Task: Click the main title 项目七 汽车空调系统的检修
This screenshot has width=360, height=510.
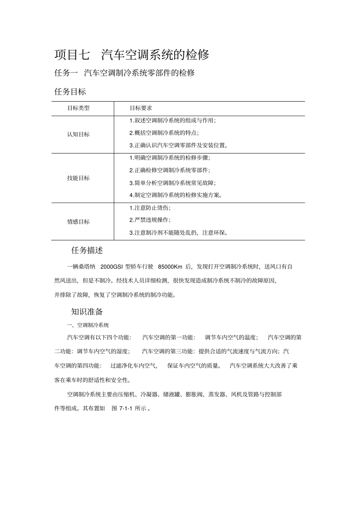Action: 131,55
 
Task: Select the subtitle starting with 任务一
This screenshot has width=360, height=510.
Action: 124,73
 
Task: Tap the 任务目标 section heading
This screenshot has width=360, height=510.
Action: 70,91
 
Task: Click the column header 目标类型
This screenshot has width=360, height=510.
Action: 78,108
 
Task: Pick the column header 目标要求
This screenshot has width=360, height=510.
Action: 141,108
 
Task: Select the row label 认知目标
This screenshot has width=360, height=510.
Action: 78,134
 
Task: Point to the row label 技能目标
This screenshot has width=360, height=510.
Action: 78,178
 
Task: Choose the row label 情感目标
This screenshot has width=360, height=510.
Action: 78,221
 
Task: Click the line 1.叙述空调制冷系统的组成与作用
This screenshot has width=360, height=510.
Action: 172,121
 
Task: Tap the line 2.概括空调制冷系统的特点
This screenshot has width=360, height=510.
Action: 164,133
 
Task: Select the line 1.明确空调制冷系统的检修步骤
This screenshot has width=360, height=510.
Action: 169,158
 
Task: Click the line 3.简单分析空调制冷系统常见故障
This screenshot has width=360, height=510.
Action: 172,183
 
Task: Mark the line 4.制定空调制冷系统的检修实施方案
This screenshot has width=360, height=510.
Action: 175,195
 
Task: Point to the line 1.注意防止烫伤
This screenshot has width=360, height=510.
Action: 150,208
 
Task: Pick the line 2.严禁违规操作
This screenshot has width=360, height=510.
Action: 150,220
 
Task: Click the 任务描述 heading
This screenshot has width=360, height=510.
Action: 87,250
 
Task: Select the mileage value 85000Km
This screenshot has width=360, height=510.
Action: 170,267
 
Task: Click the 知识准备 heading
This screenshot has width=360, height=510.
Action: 87,312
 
